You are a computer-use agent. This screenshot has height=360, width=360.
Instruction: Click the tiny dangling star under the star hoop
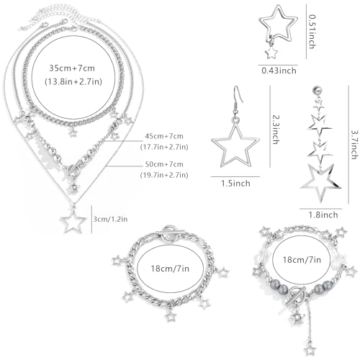pyautogui.click(x=271, y=53)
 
